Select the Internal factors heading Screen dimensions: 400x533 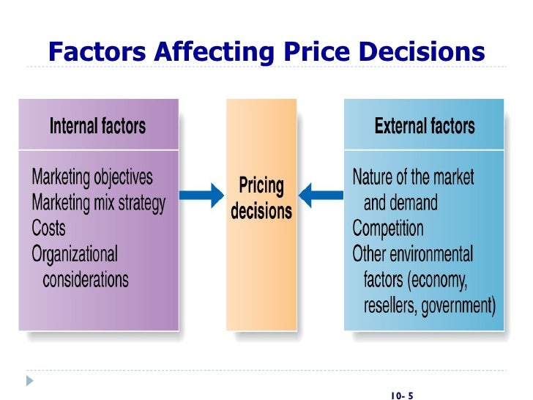click(97, 126)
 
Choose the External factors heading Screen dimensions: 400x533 click(425, 126)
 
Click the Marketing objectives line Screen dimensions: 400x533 click(92, 177)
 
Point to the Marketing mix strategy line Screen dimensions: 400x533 click(99, 202)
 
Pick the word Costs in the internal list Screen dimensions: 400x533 click(48, 228)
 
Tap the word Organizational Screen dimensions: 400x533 click(75, 253)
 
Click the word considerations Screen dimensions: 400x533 click(86, 279)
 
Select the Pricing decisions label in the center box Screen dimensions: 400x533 click(261, 198)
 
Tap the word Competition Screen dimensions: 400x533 click(388, 228)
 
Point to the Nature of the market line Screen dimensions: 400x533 click(413, 177)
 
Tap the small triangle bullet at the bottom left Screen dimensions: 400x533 click(30, 381)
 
